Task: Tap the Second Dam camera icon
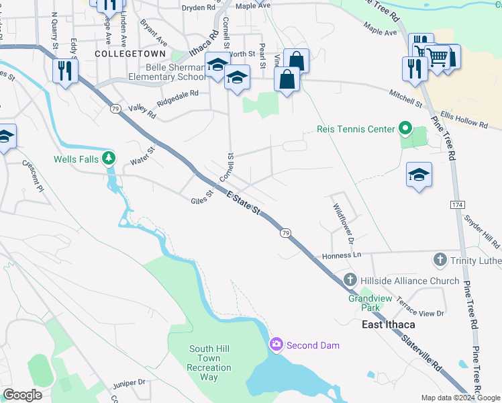276,345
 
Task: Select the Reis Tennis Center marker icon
405,127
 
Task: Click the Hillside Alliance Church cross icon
350,280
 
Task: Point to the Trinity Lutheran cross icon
440,259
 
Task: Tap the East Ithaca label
388,324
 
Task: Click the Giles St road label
201,198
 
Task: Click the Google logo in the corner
22,395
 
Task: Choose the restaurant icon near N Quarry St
65,71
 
